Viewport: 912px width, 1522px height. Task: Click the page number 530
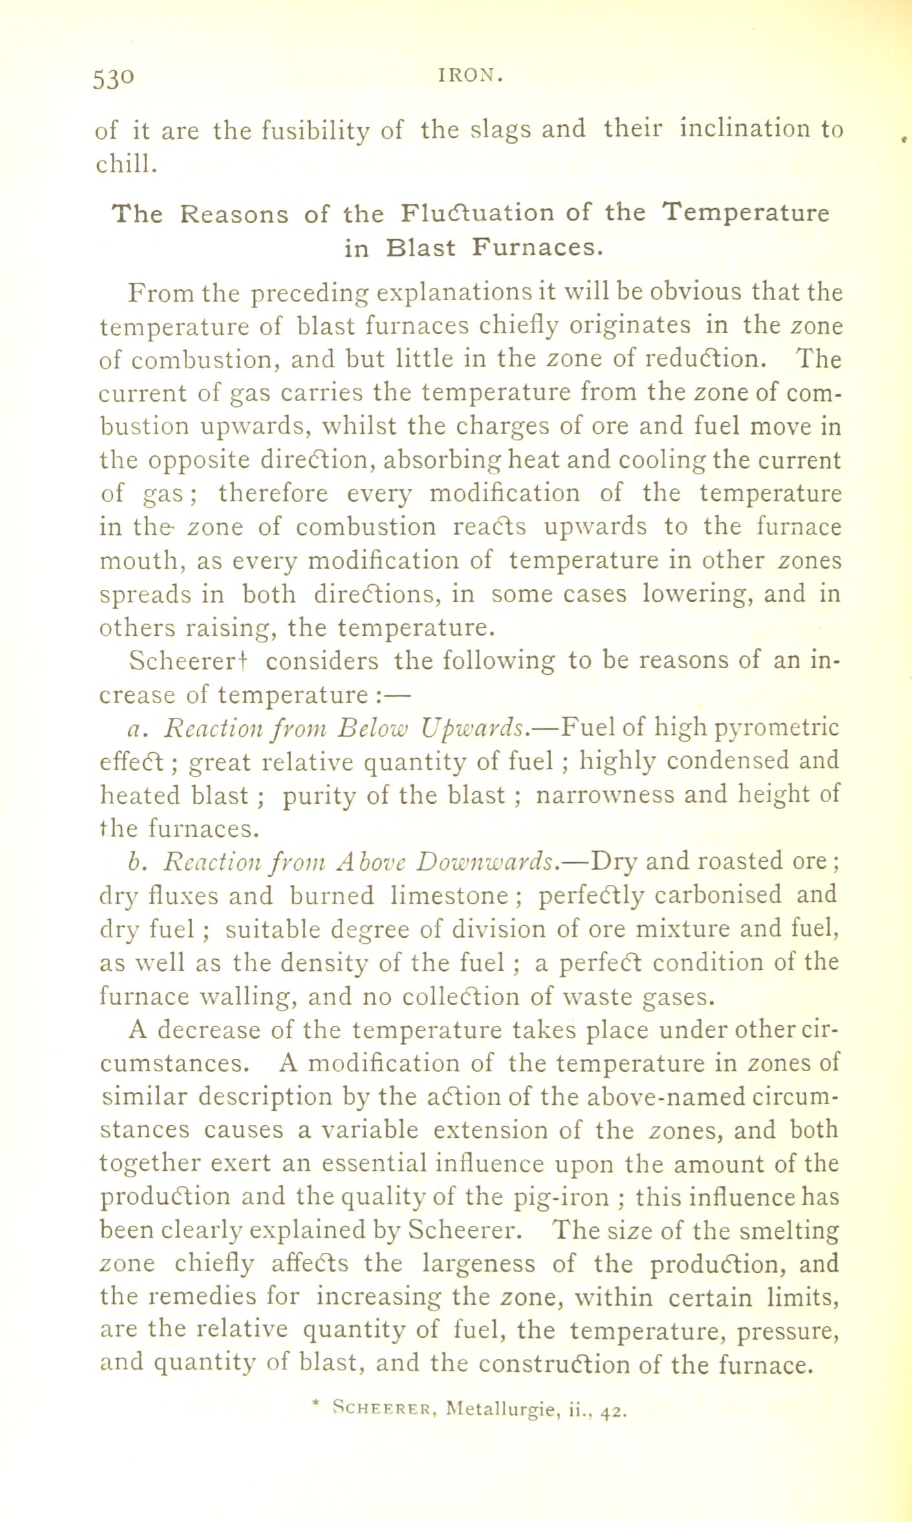pos(114,78)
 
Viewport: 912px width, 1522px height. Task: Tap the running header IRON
pos(470,76)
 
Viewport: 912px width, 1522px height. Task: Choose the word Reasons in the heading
pos(234,213)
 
